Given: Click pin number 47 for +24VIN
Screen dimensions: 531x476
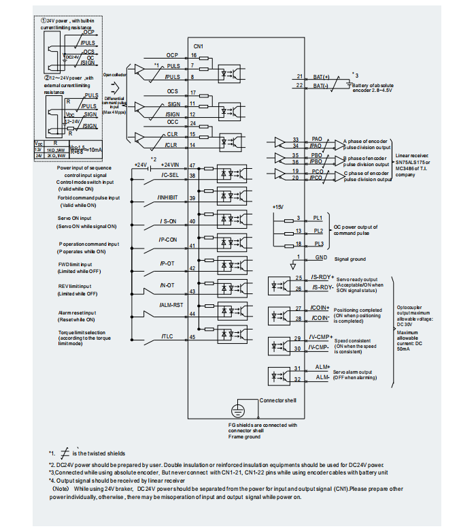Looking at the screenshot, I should point(193,165).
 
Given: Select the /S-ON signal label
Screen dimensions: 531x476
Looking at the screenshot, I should point(169,221).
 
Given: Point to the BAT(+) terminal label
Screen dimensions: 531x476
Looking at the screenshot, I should point(321,76).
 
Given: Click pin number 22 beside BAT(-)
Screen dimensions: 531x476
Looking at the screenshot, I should point(299,86).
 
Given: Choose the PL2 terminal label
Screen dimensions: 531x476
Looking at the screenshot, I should point(318,230).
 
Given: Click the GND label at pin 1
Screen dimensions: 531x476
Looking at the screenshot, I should point(321,258).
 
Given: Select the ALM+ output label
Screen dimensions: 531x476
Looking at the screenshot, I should point(322,367).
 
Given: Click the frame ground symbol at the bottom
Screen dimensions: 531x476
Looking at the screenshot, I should point(237,410).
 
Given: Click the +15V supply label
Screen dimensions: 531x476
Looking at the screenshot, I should point(277,206).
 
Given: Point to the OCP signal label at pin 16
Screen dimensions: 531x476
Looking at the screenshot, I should point(172,54).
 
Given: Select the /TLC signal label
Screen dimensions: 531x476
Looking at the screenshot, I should point(167,336).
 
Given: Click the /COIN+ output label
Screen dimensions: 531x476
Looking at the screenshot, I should point(318,308).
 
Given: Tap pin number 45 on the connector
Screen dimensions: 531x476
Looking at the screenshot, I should point(193,336).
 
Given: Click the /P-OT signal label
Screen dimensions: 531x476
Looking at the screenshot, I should point(168,263).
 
